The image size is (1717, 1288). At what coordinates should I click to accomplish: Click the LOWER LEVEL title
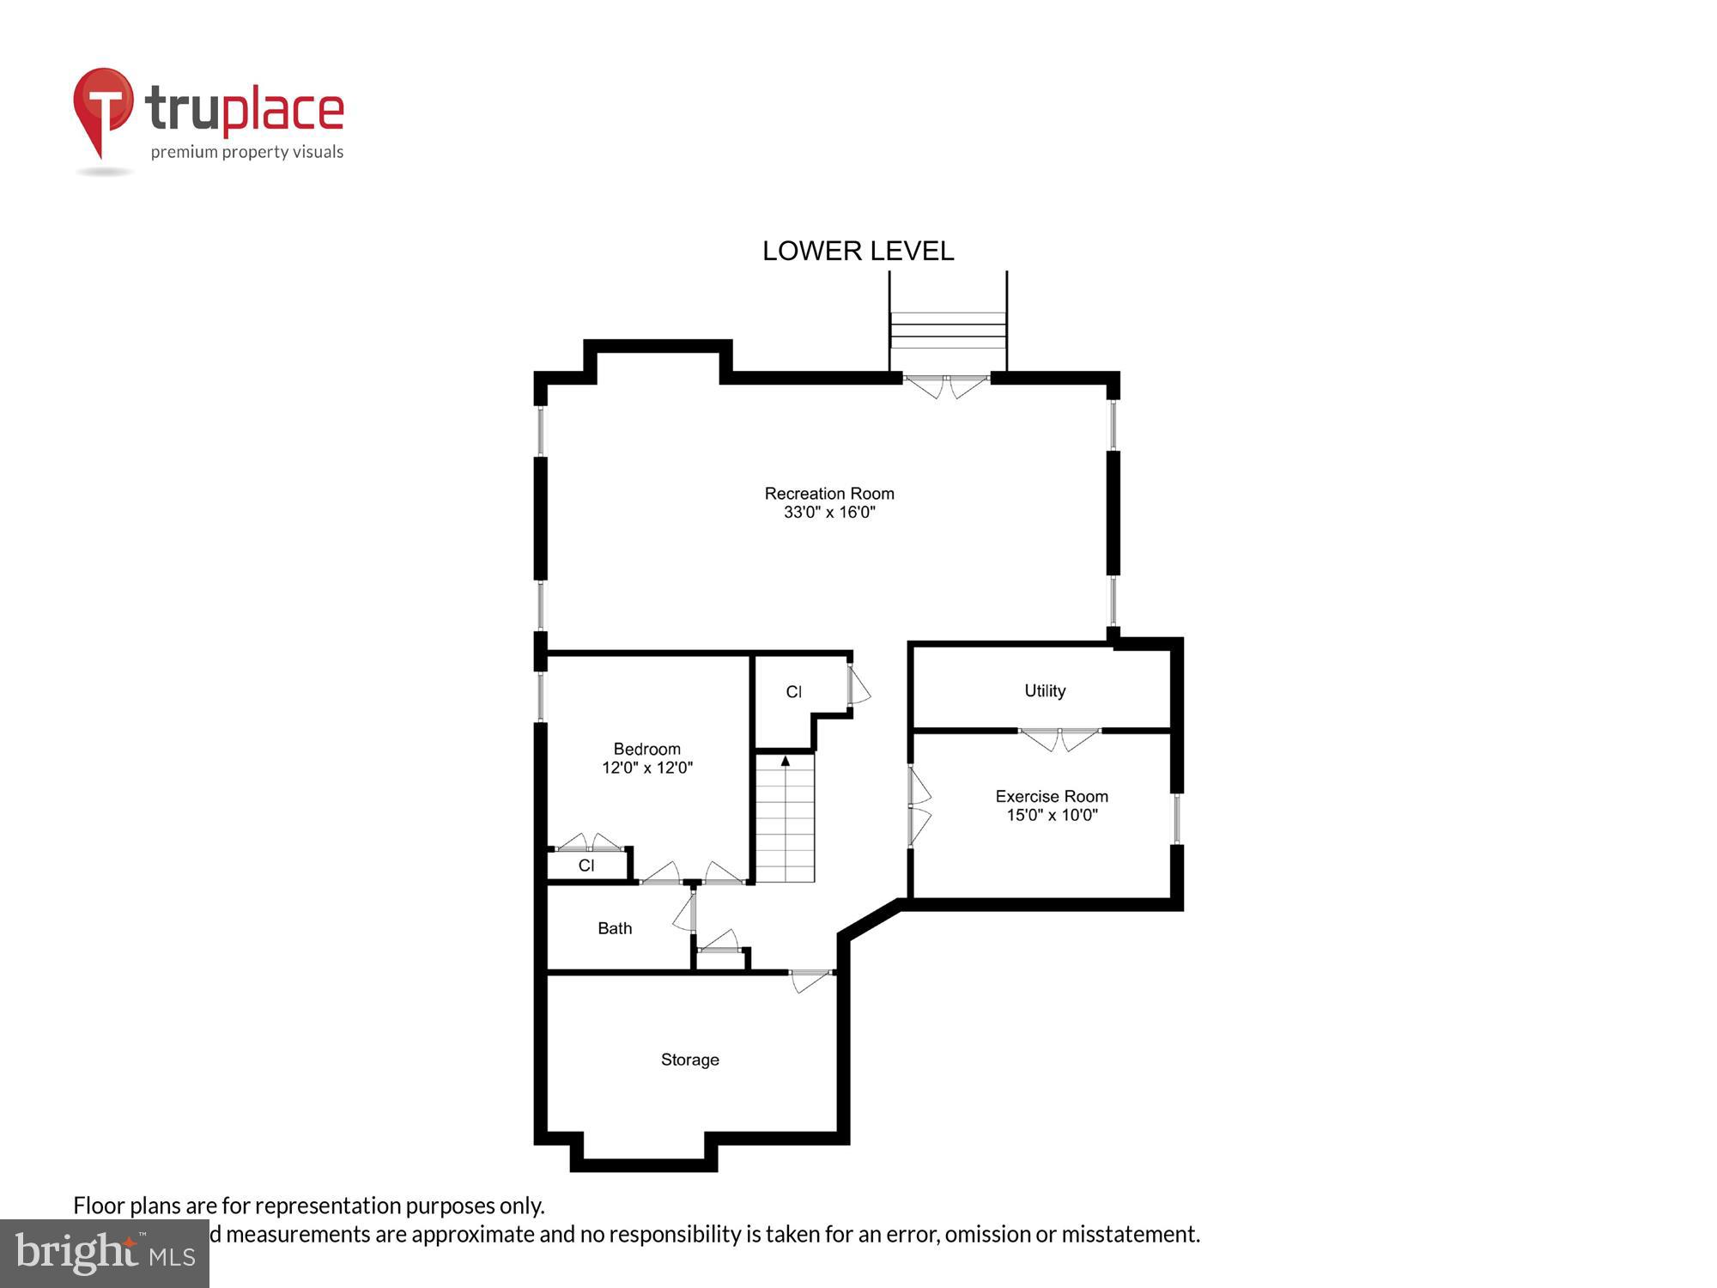(x=858, y=251)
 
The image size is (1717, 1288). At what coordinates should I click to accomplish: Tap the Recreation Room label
(x=829, y=494)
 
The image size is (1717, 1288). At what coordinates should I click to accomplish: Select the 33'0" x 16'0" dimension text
(x=829, y=513)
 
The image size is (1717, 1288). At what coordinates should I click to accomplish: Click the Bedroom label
(x=646, y=749)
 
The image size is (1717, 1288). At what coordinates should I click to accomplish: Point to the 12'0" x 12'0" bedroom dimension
(x=646, y=768)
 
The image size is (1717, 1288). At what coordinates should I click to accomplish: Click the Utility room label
(x=1045, y=690)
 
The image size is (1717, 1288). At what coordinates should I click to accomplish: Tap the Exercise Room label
(x=1052, y=796)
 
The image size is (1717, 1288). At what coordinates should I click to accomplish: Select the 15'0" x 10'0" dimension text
(x=1052, y=815)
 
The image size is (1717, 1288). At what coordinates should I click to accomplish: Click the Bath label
(x=615, y=928)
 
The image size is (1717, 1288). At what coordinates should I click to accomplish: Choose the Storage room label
(x=690, y=1060)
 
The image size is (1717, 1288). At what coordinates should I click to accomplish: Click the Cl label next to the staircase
(x=793, y=692)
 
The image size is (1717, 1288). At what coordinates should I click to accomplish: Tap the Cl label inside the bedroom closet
(x=586, y=866)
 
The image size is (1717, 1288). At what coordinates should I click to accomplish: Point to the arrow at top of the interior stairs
(x=785, y=761)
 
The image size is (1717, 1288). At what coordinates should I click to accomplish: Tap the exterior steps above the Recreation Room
(x=948, y=330)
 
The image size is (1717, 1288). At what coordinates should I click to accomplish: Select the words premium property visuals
(x=247, y=153)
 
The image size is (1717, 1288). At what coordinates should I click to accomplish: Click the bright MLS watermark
(x=105, y=1254)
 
